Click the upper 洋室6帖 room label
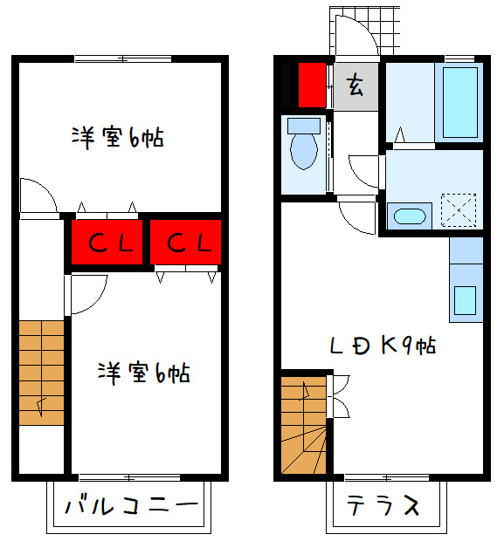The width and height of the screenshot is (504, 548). click(119, 137)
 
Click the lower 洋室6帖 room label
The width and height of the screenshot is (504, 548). click(143, 373)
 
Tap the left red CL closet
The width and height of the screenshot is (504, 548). click(106, 242)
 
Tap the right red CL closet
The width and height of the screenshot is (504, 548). click(185, 242)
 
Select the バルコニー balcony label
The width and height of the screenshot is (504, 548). click(130, 506)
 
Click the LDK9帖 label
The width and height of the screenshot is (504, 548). click(383, 346)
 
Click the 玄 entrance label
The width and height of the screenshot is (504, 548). click(356, 86)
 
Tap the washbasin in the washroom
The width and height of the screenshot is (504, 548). click(409, 215)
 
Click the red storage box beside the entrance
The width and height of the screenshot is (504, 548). click(311, 84)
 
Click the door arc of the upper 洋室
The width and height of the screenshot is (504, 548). click(36, 196)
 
